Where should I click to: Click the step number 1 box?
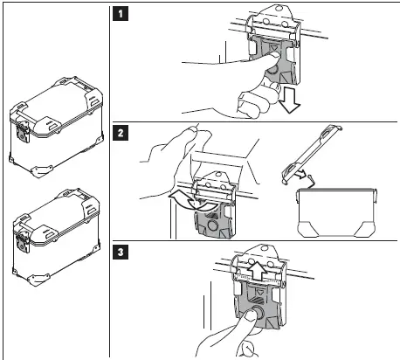[x=121, y=14]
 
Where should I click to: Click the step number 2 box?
[x=121, y=134]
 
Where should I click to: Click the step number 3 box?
[x=121, y=252]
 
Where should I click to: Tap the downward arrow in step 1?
[x=288, y=100]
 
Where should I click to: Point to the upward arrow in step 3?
[x=258, y=270]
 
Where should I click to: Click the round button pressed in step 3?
[x=258, y=312]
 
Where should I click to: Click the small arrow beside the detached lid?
[x=302, y=175]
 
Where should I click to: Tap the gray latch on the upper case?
[x=23, y=134]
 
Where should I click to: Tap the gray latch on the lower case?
[x=23, y=242]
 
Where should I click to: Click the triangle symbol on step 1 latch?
[x=272, y=47]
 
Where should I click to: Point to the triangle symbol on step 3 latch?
[x=259, y=291]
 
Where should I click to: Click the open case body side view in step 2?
[x=337, y=212]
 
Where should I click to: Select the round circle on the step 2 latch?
[x=211, y=225]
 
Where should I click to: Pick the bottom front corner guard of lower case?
[x=38, y=280]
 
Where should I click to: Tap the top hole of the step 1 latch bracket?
[x=279, y=9]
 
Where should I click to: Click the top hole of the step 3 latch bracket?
[x=265, y=248]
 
